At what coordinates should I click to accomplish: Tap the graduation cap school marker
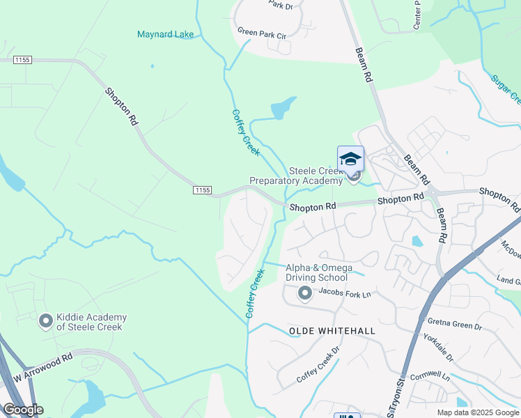point(350,158)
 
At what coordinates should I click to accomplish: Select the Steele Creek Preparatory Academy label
point(297,176)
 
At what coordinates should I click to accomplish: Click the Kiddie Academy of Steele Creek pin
point(46,321)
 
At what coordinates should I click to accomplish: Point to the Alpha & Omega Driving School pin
point(304,294)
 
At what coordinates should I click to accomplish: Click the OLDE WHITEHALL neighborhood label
point(332,331)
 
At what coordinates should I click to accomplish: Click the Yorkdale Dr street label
point(437,347)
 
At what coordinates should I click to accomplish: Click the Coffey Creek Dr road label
point(318,366)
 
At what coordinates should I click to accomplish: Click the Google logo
point(22,410)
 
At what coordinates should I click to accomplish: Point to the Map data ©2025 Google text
point(477,412)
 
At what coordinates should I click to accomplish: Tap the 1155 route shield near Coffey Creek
point(202,189)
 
